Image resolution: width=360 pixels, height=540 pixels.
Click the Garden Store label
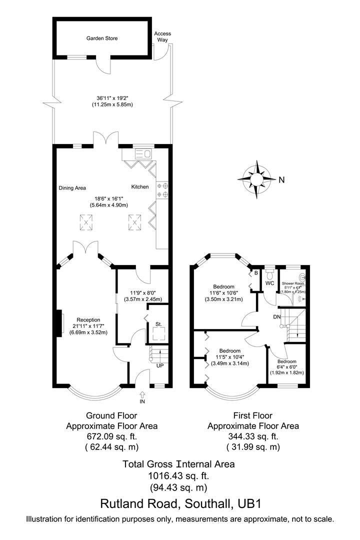102,38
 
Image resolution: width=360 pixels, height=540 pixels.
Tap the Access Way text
162,36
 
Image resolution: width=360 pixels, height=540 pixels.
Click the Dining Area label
72,188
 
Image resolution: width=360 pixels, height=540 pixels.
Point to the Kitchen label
140,186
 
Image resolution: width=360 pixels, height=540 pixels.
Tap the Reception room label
88,320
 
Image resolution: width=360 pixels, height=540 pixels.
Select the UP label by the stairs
160,366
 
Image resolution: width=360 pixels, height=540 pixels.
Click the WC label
270,283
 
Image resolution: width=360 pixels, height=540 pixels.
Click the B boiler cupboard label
256,273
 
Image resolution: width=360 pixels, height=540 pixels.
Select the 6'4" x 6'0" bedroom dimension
287,367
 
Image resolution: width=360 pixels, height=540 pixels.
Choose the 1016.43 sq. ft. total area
178,475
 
